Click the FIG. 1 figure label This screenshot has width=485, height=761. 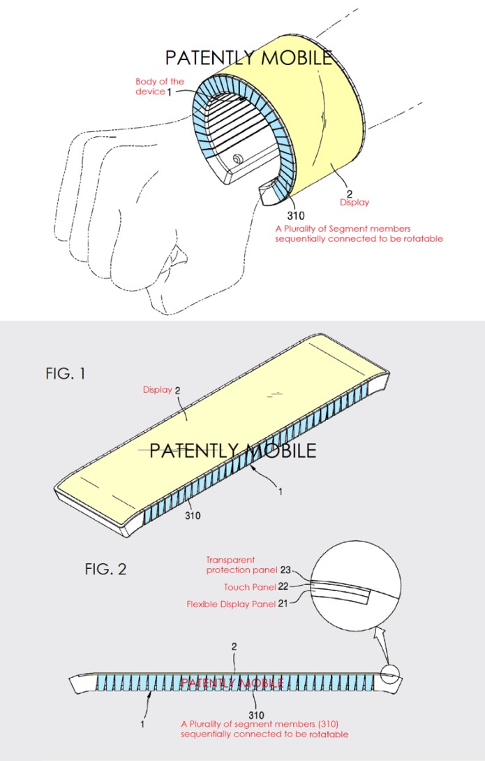pyautogui.click(x=66, y=373)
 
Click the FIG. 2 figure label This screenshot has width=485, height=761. pyautogui.click(x=105, y=569)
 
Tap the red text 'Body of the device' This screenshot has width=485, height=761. pyautogui.click(x=159, y=87)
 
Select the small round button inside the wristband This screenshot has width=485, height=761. pyautogui.click(x=238, y=159)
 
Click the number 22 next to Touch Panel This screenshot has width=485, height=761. pyautogui.click(x=283, y=587)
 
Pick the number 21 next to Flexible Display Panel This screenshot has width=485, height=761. pyautogui.click(x=283, y=604)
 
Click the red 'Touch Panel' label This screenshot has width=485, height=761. pyautogui.click(x=250, y=587)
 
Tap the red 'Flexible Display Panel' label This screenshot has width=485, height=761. pyautogui.click(x=231, y=604)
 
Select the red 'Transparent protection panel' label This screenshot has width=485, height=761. pyautogui.click(x=241, y=565)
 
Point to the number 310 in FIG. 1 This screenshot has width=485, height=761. pyautogui.click(x=193, y=516)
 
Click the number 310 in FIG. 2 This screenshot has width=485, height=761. pyautogui.click(x=256, y=715)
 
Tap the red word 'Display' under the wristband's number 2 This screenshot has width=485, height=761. pyautogui.click(x=355, y=203)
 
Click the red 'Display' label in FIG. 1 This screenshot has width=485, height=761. pyautogui.click(x=158, y=390)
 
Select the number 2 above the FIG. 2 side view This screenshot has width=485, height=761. pyautogui.click(x=234, y=646)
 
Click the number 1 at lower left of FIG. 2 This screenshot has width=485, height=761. pyautogui.click(x=142, y=724)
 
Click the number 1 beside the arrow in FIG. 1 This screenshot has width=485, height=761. pyautogui.click(x=281, y=492)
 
